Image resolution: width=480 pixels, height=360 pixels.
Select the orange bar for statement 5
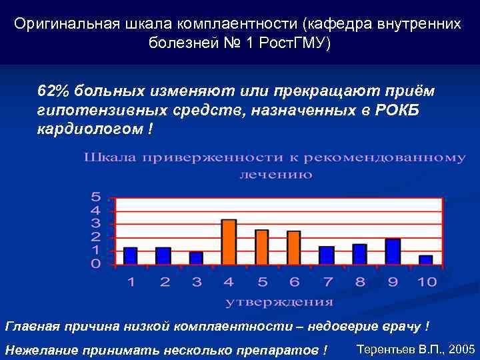point(261,248)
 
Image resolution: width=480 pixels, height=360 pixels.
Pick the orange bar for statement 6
point(294,249)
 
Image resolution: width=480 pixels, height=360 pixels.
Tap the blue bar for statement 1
point(131,257)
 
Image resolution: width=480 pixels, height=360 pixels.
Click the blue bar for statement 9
point(393,252)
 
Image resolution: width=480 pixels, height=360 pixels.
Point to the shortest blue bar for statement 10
point(425,261)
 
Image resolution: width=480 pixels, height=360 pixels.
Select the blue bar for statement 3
point(196,259)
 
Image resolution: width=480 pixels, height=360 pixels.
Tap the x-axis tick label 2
point(164,283)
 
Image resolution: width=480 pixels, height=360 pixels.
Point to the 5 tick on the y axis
point(96,197)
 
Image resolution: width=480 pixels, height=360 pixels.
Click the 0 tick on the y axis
point(96,265)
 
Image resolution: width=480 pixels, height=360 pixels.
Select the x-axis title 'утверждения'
point(279,302)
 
